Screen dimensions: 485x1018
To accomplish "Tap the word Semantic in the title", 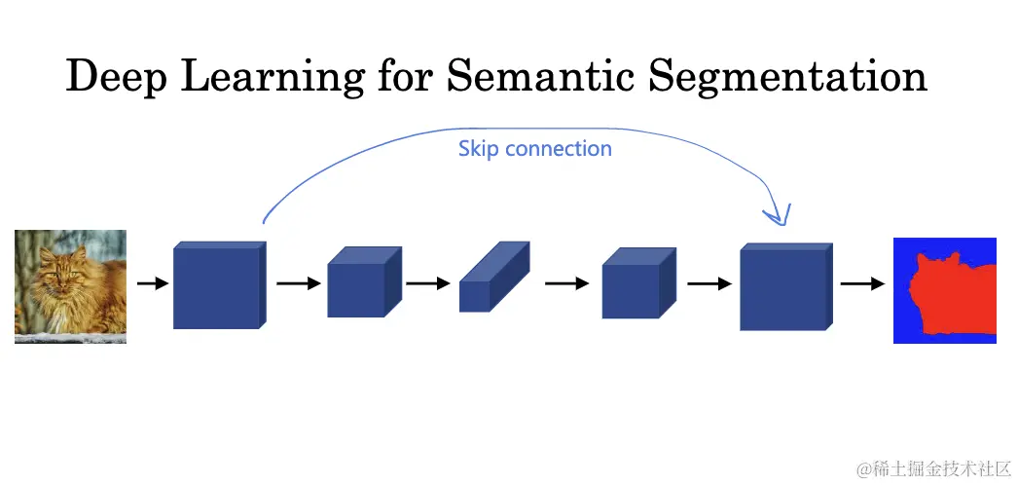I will pyautogui.click(x=540, y=76).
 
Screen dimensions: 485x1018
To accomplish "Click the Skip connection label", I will pyautogui.click(x=534, y=149).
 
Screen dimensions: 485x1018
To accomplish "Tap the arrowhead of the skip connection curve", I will pyautogui.click(x=779, y=217).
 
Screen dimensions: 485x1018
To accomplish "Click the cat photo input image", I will pyautogui.click(x=70, y=286).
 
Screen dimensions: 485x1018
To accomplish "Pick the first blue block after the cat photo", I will pyautogui.click(x=218, y=285).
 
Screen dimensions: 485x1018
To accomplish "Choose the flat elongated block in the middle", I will pyautogui.click(x=493, y=279).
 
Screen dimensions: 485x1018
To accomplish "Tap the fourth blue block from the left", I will pyautogui.click(x=637, y=283).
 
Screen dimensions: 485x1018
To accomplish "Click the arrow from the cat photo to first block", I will pyautogui.click(x=151, y=284).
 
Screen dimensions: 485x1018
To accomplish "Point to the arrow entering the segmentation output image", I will pyautogui.click(x=862, y=284).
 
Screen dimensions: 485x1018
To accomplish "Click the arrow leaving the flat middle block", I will pyautogui.click(x=566, y=284).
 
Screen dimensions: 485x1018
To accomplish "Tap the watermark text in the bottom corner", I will pyautogui.click(x=934, y=468).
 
